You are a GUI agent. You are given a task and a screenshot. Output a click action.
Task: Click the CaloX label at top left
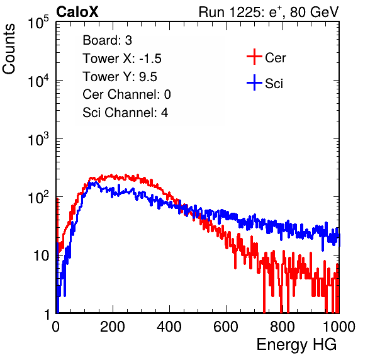pos(77,12)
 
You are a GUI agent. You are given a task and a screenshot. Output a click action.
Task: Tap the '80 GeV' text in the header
pos(314,12)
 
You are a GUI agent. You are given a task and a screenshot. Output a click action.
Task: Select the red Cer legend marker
pos(254,57)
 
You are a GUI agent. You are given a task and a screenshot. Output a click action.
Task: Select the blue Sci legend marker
pos(254,82)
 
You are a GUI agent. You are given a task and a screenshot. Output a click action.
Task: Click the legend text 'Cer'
pos(275,58)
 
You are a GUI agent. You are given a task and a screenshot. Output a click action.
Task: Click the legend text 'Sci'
pos(274,84)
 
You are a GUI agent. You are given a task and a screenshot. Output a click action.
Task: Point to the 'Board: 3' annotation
pos(107,40)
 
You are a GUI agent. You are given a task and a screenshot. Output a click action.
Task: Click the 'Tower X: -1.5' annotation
pos(122,59)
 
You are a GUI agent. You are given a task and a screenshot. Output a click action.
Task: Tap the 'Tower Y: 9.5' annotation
pos(120,77)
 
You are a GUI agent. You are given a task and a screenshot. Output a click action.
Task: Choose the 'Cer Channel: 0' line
pos(126,94)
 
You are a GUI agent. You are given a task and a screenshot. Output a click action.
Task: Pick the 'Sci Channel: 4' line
pos(125,113)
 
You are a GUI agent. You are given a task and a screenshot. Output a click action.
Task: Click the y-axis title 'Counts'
pos(9,48)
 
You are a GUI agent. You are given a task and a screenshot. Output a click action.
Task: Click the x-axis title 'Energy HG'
pos(296,344)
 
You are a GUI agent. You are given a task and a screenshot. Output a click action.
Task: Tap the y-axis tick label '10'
pos(41,256)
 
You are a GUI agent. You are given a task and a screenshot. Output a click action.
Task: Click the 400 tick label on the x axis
pos(169,327)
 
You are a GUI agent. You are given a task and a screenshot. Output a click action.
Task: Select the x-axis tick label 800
pos(283,327)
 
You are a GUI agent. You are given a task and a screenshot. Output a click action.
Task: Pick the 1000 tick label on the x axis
pos(339,327)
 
